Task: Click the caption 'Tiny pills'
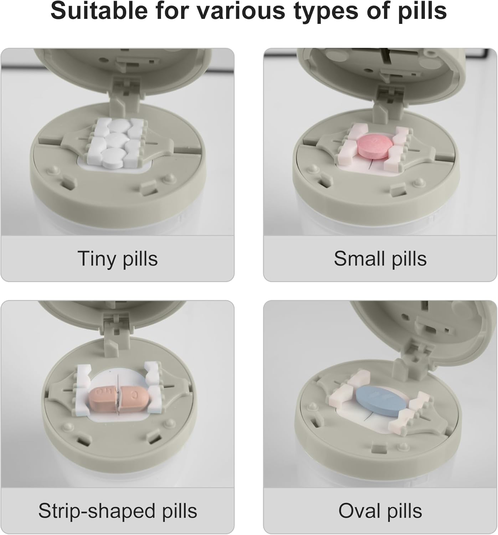(x=118, y=259)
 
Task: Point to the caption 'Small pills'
(x=380, y=259)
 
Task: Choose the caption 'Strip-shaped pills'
(x=118, y=511)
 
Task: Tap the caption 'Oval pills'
(x=380, y=511)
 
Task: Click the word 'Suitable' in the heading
(x=98, y=11)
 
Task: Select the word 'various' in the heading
(x=240, y=11)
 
